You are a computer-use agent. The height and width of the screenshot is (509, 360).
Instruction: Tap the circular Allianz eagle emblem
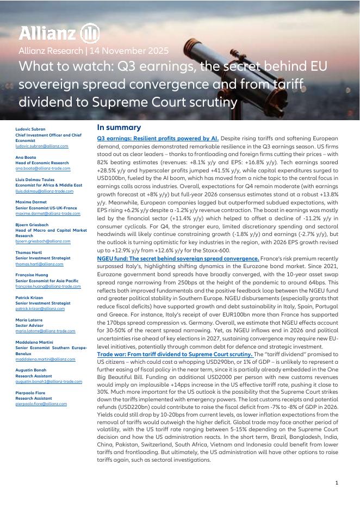tap(90, 34)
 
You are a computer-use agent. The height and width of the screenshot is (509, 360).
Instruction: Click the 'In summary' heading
tap(119, 127)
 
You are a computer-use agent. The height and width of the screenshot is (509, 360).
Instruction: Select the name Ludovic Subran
tap(30, 129)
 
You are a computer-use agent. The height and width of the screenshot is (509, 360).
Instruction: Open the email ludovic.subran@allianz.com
tap(41, 146)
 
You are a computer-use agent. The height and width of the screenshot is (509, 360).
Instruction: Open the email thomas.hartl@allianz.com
tap(39, 264)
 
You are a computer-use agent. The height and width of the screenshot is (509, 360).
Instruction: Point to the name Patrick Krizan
tap(30, 297)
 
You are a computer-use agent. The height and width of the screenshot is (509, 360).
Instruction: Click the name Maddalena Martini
tap(34, 343)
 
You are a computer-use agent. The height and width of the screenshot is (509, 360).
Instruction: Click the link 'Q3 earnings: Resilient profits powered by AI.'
tap(158, 138)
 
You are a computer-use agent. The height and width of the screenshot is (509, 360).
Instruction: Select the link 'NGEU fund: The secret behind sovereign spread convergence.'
tap(178, 258)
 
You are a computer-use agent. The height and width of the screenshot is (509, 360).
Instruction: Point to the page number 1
tap(337, 483)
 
